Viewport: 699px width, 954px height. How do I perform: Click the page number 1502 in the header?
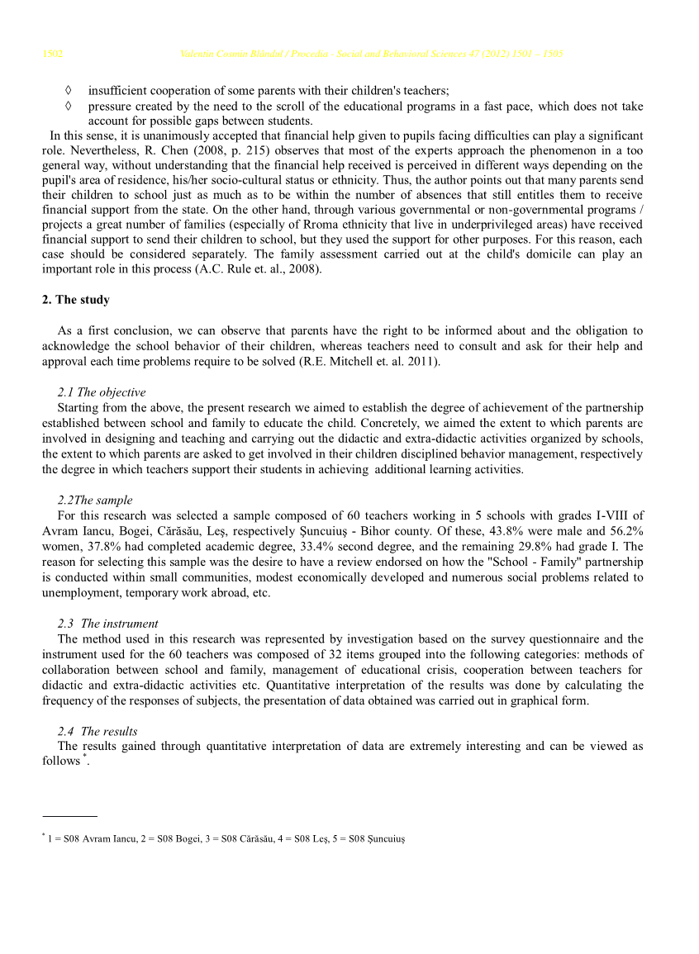[53, 55]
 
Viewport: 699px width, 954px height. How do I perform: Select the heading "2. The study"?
[75, 300]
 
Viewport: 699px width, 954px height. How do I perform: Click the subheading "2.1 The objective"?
[102, 392]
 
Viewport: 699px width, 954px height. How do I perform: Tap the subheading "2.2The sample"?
[95, 500]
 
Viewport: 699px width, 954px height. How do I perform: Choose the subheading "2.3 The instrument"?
[107, 624]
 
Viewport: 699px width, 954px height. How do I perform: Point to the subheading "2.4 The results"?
[97, 731]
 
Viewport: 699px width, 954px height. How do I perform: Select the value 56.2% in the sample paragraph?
[625, 531]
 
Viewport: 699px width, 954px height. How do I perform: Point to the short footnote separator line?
[69, 817]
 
